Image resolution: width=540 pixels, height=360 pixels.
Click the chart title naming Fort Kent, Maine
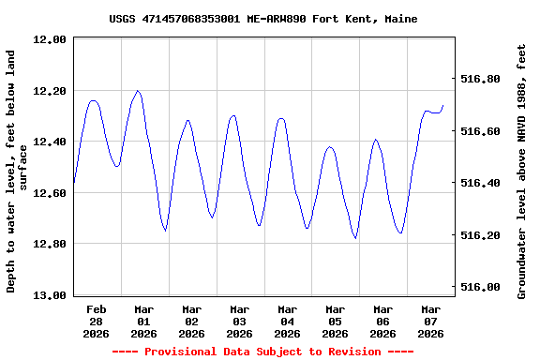click(263, 19)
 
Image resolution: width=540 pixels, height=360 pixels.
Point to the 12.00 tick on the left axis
click(49, 40)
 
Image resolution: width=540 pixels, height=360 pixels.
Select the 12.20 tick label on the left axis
click(49, 91)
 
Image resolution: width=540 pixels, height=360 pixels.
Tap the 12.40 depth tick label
click(49, 142)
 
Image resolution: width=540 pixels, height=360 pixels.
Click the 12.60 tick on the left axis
click(49, 193)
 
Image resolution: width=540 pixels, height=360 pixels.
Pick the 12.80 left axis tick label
click(49, 245)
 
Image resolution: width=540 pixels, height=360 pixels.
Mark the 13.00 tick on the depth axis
click(49, 295)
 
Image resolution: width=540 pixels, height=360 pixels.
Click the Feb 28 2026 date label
click(97, 321)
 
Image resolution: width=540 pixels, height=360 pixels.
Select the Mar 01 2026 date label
click(144, 321)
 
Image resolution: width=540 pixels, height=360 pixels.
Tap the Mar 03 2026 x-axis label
click(240, 321)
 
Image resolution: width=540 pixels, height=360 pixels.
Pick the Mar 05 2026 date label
click(336, 321)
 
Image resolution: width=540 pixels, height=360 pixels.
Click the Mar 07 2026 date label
click(431, 321)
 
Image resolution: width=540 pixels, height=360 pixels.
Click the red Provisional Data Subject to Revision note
click(263, 352)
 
